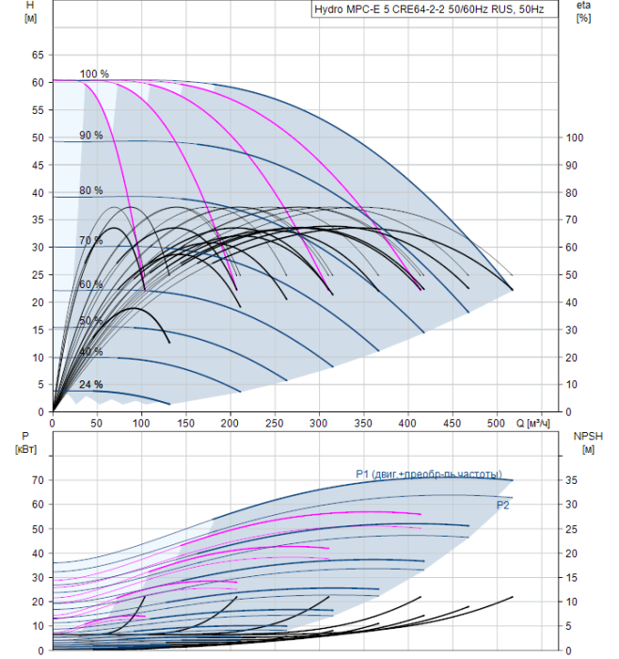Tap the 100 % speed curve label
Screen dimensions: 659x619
point(94,74)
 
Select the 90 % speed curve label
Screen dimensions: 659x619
point(91,136)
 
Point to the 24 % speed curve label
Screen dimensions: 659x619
point(91,385)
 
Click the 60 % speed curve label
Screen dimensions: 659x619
point(91,285)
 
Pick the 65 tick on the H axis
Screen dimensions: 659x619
point(39,56)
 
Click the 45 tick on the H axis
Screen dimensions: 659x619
point(39,166)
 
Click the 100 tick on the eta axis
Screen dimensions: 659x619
point(575,138)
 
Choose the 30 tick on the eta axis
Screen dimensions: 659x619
point(572,330)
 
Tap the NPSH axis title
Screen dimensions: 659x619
point(584,442)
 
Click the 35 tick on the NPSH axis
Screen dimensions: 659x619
point(572,480)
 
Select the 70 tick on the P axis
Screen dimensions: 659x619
point(39,480)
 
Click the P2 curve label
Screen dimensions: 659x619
point(503,506)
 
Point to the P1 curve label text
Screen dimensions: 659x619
point(428,474)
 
